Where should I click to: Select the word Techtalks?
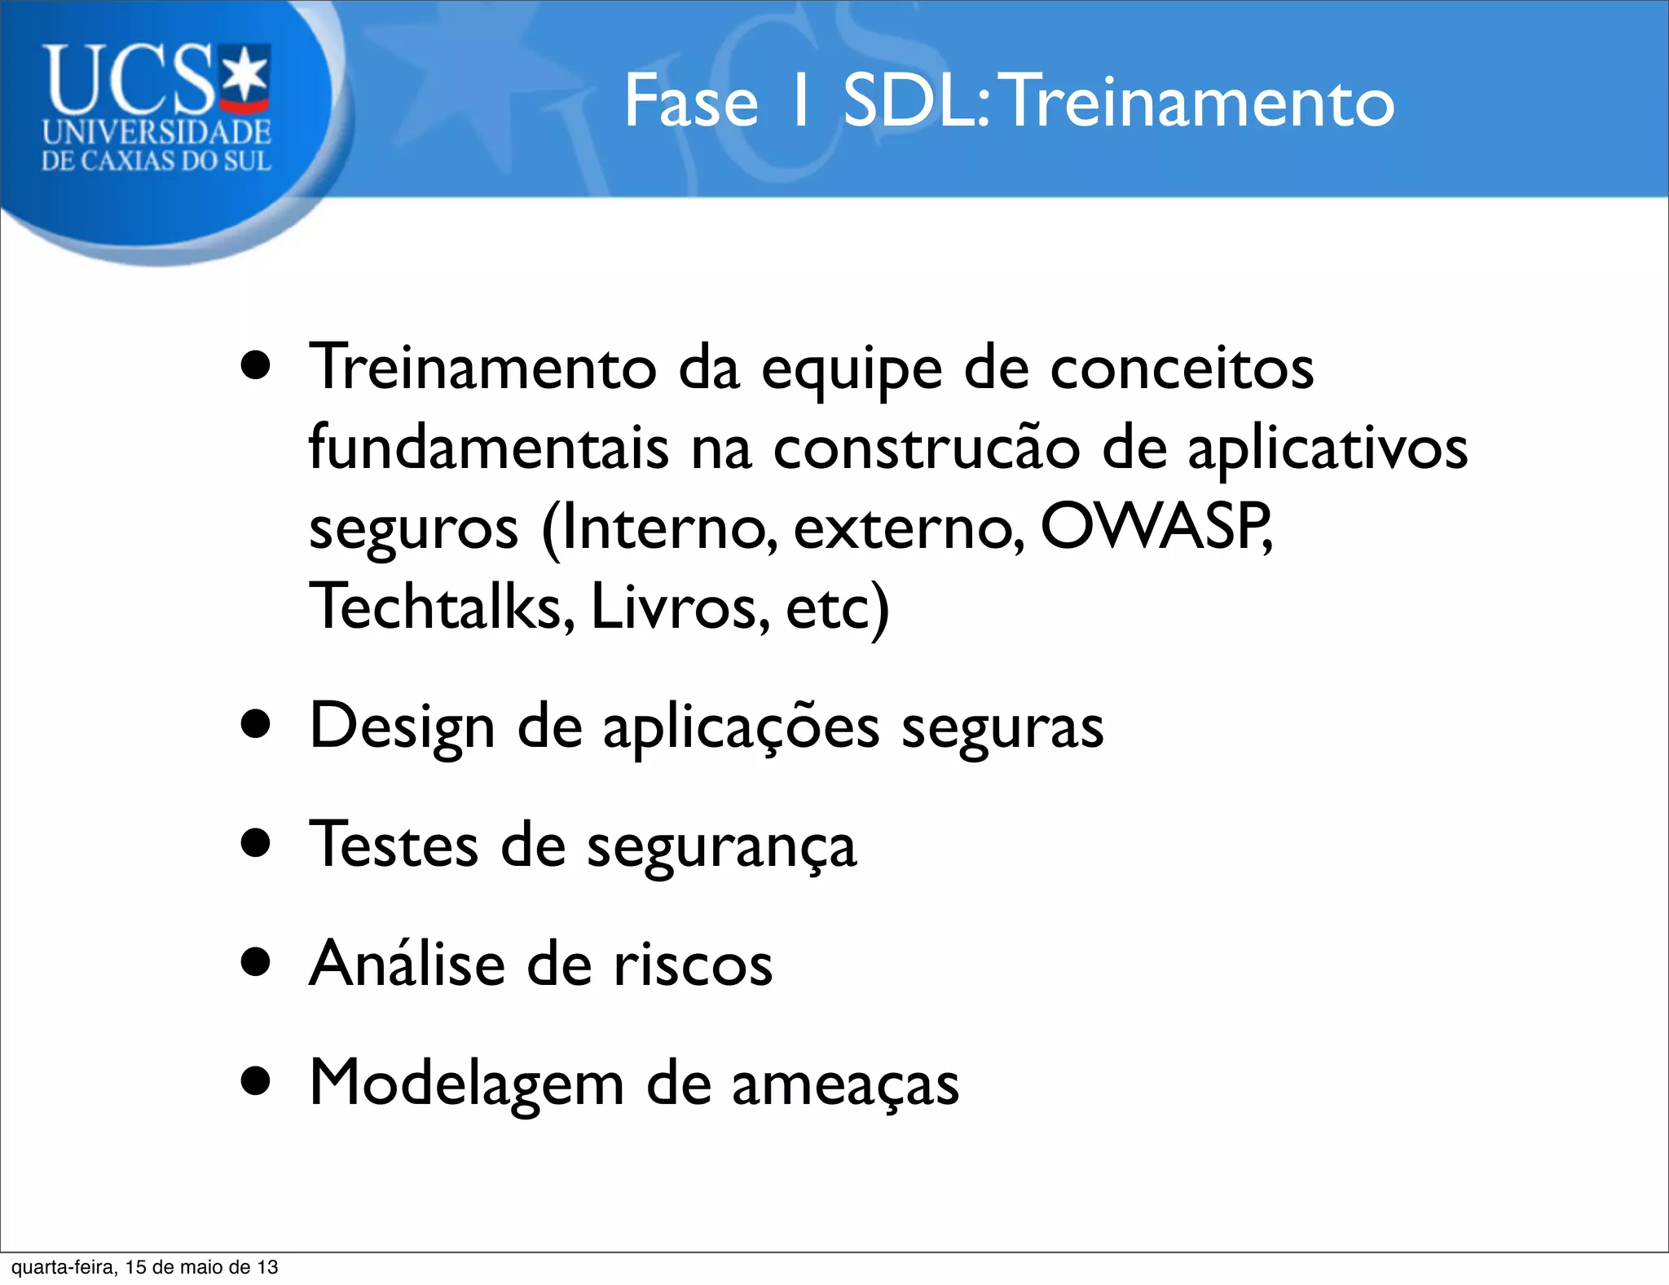click(x=441, y=607)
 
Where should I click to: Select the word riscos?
click(x=693, y=965)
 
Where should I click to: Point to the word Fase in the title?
click(x=691, y=102)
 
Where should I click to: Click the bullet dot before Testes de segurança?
click(x=256, y=843)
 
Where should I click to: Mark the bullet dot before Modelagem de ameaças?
click(x=256, y=1081)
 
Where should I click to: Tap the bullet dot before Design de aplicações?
click(x=256, y=723)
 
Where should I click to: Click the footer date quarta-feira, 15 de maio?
click(x=144, y=1267)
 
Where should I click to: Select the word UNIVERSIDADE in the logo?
click(x=156, y=132)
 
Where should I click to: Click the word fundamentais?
click(x=488, y=448)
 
